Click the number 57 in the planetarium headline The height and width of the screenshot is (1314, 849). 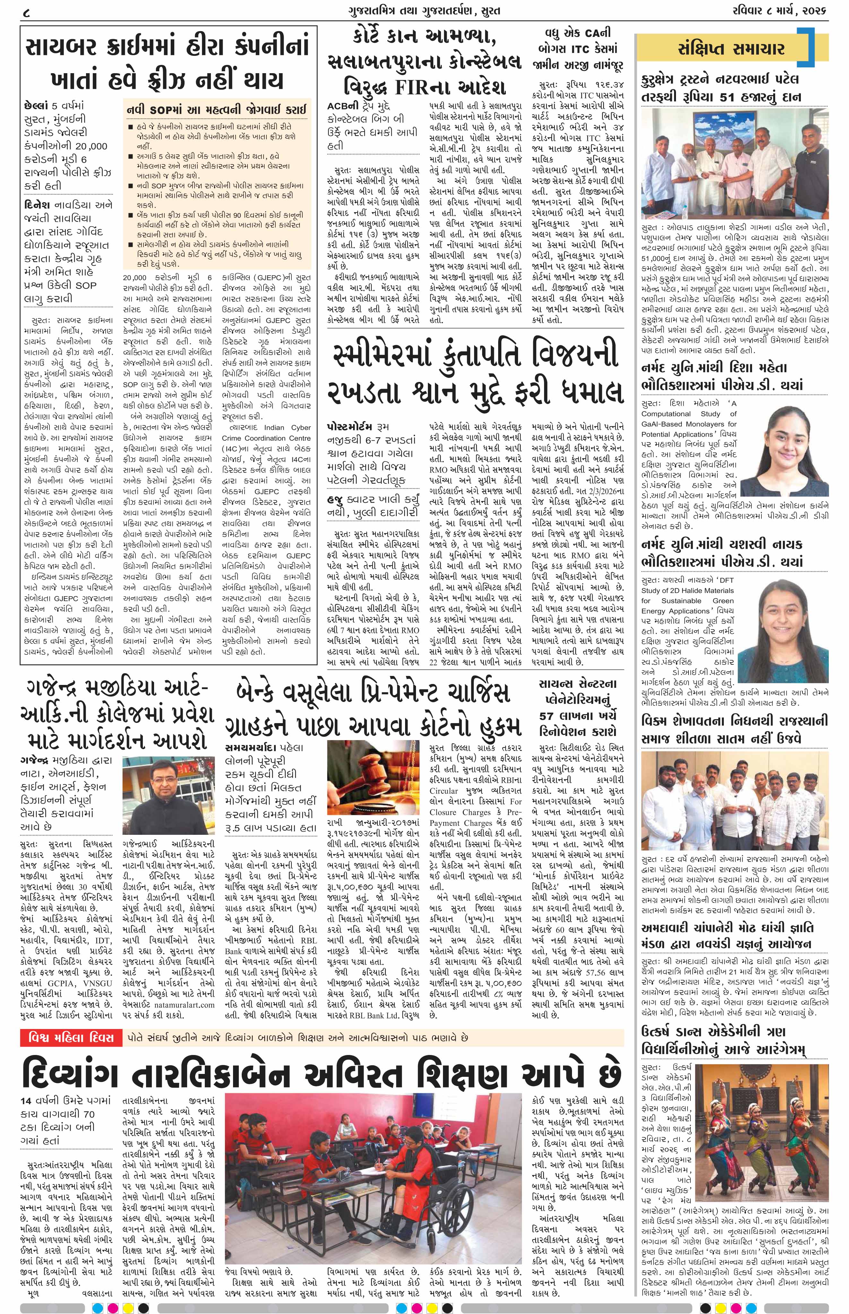(x=548, y=716)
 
